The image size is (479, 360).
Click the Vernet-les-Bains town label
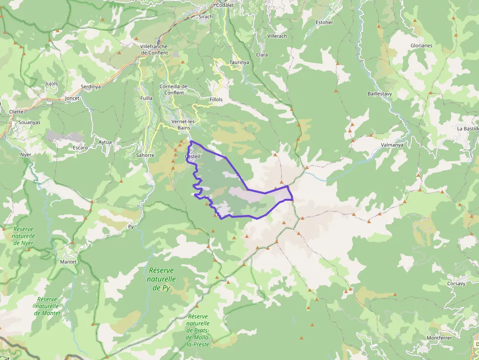pyautogui.click(x=184, y=125)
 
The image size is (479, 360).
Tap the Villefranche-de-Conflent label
pyautogui.click(x=154, y=49)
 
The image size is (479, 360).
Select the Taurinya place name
pyautogui.click(x=239, y=63)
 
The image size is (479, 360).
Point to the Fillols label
pyautogui.click(x=216, y=99)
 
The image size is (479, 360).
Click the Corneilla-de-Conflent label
pyautogui.click(x=174, y=89)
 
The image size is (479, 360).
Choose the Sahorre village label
pyautogui.click(x=145, y=155)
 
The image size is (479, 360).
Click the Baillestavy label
pyautogui.click(x=380, y=93)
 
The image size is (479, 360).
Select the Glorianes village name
pyautogui.click(x=421, y=46)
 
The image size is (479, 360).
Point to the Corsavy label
pyautogui.click(x=457, y=283)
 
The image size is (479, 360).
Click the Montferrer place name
pyautogui.click(x=439, y=338)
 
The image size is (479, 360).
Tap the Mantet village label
pyautogui.click(x=68, y=262)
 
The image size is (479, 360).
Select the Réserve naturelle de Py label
pyautogui.click(x=161, y=279)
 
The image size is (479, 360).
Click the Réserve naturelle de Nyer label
pyautogui.click(x=24, y=236)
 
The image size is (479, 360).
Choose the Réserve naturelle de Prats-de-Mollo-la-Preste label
pyautogui.click(x=198, y=330)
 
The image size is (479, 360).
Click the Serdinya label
pyautogui.click(x=90, y=86)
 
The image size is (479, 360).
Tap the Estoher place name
pyautogui.click(x=325, y=22)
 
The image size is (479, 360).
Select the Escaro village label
pyautogui.click(x=80, y=148)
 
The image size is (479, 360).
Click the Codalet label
pyautogui.click(x=225, y=5)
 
